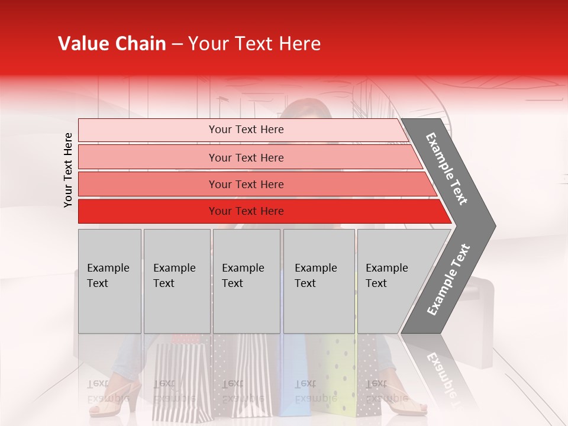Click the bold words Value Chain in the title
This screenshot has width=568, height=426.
[112, 44]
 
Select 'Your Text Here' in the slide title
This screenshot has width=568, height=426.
[254, 44]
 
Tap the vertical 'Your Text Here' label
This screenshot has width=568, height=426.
[68, 170]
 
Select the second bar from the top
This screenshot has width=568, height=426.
[246, 157]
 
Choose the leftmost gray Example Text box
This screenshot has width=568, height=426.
[109, 281]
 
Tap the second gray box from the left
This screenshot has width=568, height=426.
[177, 281]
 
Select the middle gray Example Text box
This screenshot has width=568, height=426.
[246, 281]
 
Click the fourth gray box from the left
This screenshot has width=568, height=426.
[319, 281]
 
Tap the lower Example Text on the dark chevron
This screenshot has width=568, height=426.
[448, 279]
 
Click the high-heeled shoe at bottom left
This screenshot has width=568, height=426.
[115, 402]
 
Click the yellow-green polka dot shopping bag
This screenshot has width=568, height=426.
[337, 379]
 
